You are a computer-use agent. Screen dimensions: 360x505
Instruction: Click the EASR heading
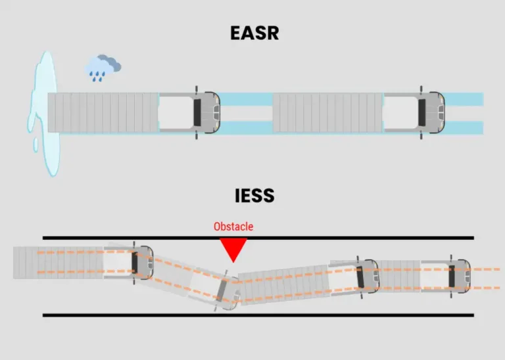[x=254, y=33]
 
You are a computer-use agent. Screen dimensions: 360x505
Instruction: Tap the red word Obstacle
[x=233, y=227]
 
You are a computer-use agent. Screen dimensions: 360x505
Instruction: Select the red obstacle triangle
[x=233, y=248]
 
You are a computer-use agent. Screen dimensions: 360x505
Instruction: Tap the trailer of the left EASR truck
[x=103, y=113]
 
